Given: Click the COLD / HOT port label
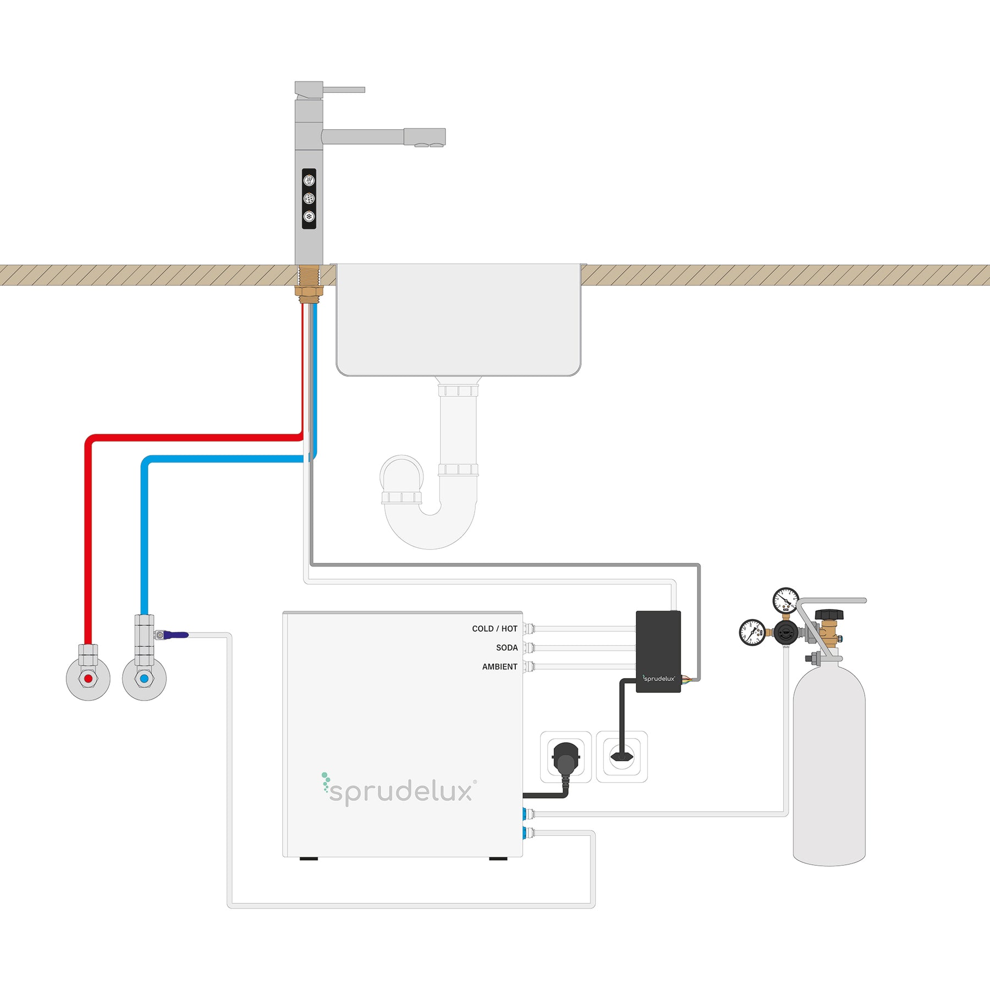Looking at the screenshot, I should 494,629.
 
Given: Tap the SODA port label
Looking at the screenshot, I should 507,648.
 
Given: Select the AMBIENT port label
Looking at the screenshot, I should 499,667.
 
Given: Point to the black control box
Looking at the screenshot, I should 658,651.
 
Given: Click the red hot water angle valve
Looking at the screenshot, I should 88,679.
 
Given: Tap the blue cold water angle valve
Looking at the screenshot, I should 144,679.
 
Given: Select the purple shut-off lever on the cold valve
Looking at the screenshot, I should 175,635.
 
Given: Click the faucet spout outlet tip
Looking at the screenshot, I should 430,145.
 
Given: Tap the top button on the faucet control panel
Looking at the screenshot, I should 309,180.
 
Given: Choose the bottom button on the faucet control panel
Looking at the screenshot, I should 309,217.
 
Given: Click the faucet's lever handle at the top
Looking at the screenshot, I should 343,90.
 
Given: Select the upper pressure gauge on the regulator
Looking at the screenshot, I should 785,600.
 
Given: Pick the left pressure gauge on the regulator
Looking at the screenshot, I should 752,632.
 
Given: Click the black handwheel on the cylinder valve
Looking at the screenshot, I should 829,614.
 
